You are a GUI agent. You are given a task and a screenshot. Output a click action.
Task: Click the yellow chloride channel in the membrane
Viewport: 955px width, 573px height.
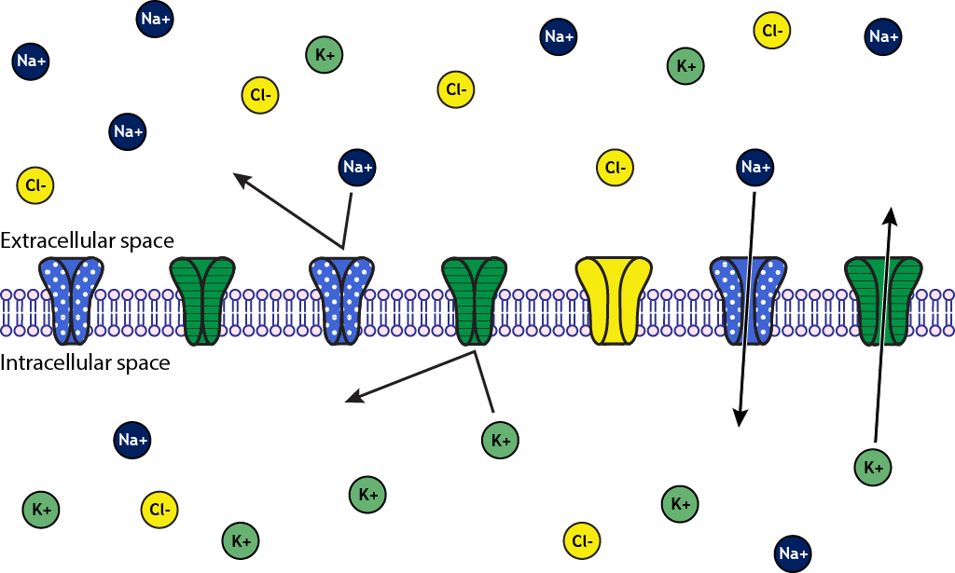point(613,300)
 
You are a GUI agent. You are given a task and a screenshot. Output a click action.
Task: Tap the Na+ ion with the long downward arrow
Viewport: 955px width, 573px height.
point(754,168)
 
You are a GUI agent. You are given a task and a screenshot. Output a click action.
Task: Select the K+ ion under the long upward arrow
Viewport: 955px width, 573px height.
point(874,467)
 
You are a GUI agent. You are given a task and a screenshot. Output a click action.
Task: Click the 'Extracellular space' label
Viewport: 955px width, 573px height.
point(87,240)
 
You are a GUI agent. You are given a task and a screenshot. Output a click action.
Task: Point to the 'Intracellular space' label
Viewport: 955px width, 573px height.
point(85,362)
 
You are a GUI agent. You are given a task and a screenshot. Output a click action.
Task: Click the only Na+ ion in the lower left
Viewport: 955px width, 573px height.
point(132,440)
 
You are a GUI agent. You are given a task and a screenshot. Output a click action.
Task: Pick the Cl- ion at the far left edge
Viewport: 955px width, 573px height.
point(35,185)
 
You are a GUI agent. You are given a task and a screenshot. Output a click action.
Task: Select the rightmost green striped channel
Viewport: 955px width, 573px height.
point(883,300)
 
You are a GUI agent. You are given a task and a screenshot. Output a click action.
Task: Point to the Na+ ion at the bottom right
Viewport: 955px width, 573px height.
point(794,553)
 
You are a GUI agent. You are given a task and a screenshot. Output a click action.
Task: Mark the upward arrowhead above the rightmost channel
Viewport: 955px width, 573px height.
point(891,216)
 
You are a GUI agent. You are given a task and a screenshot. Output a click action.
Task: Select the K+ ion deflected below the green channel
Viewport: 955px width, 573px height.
point(501,440)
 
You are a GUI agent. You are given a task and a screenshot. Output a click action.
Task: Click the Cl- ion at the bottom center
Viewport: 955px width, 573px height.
point(582,540)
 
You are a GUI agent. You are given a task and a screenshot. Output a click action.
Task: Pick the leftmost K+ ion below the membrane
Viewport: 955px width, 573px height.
point(41,510)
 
